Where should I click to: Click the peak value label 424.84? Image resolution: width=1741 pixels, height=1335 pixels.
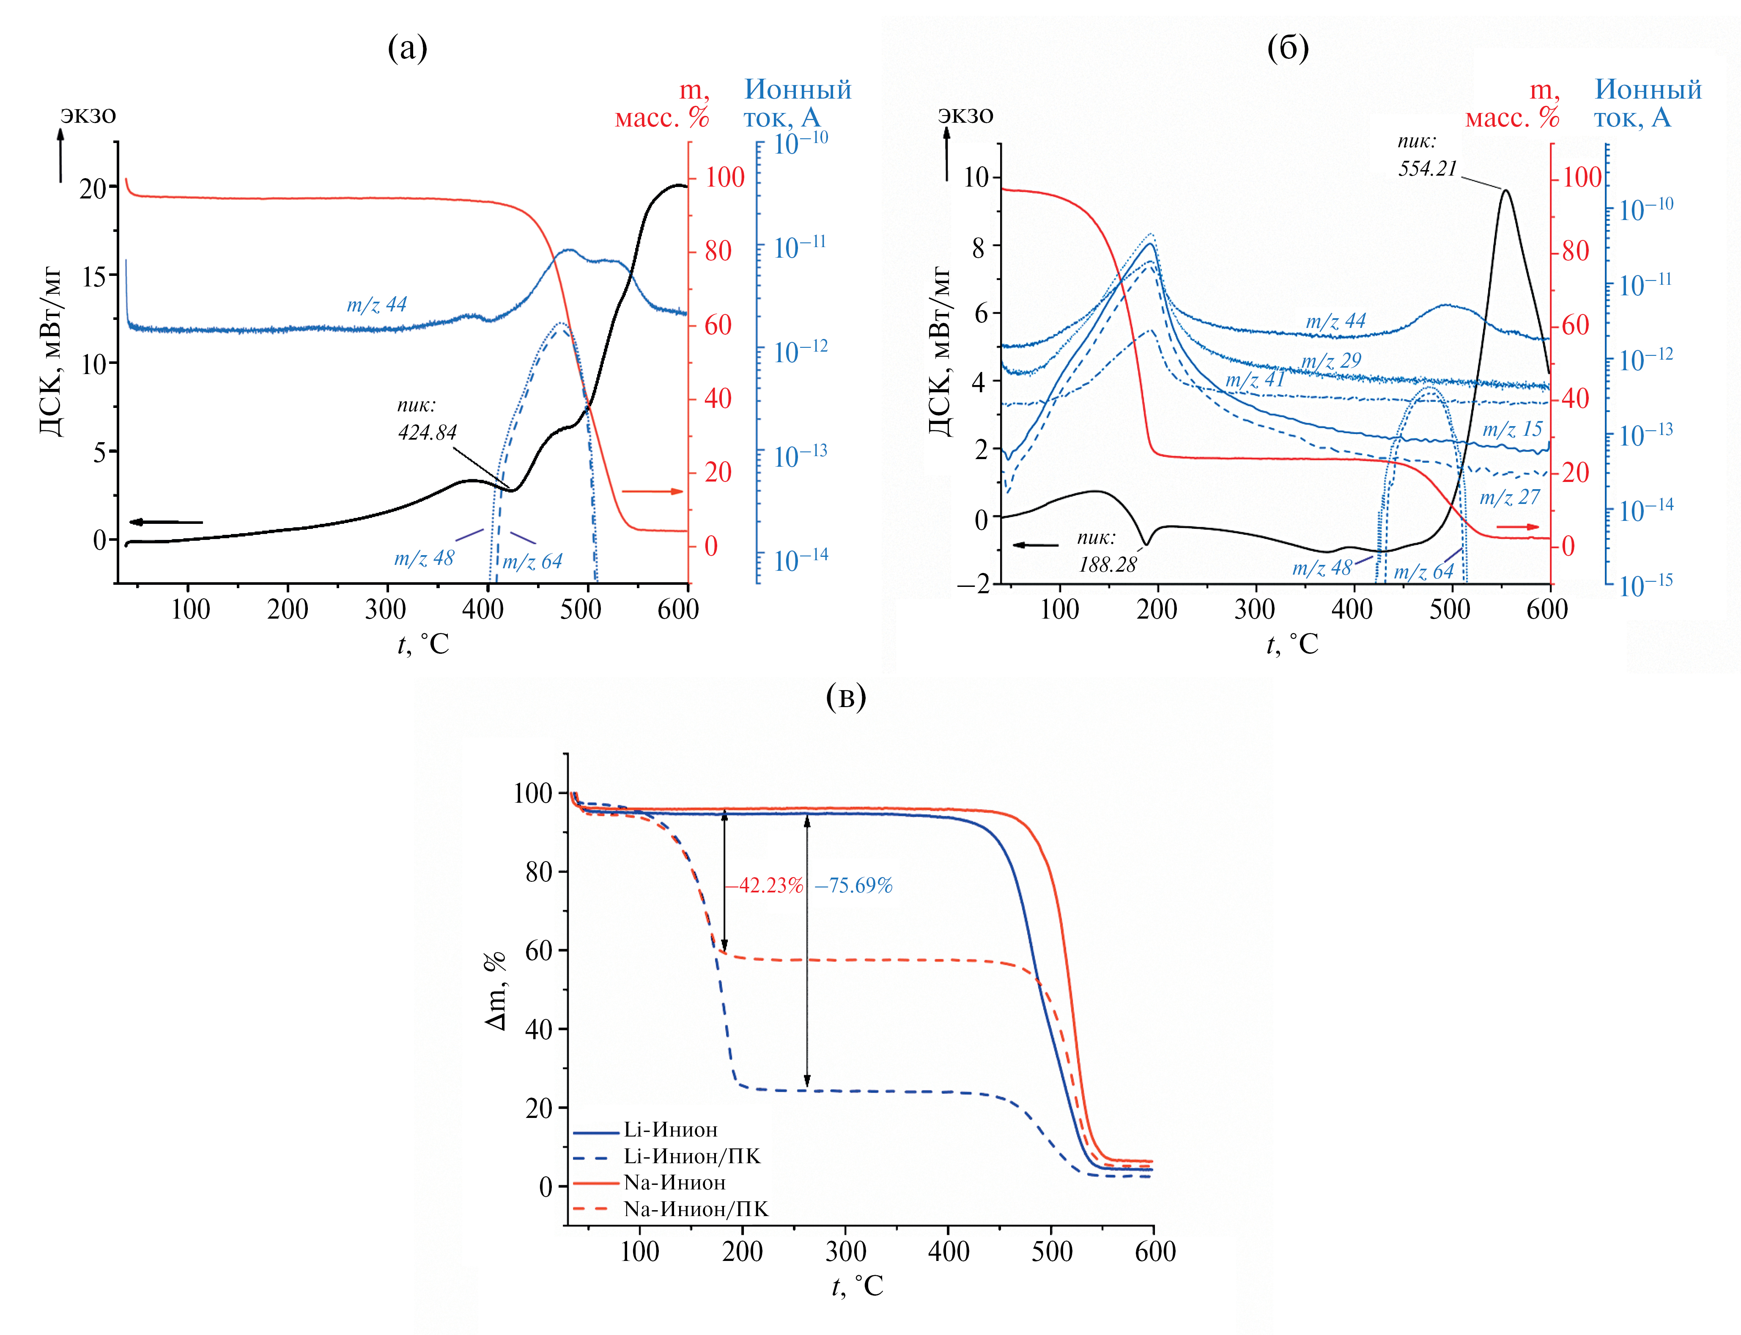427,433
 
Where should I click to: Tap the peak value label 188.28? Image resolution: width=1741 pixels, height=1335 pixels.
1107,565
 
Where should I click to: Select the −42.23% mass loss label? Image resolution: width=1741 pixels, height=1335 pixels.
764,885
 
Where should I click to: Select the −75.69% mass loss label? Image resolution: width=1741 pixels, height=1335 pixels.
853,885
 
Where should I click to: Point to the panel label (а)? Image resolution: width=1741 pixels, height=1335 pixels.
408,49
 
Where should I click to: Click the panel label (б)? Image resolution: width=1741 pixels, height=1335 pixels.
1288,49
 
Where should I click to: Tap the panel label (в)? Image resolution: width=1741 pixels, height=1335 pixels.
846,697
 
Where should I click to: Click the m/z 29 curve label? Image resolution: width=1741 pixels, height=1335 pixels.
1331,361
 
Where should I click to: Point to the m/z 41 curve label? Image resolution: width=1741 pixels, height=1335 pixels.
1255,380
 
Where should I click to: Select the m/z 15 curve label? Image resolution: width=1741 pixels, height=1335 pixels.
1512,430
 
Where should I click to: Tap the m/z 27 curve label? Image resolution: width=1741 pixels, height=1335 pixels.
1509,498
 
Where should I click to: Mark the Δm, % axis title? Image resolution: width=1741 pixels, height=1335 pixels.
496,990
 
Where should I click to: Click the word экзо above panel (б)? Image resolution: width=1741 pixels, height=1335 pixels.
965,115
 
